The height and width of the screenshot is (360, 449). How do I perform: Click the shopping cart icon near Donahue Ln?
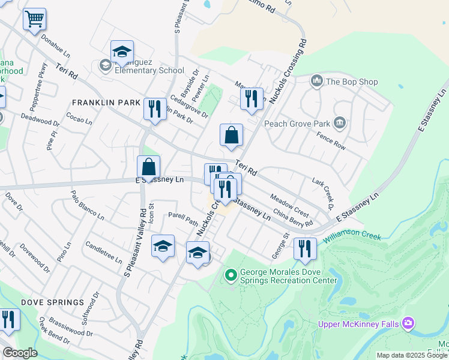tap(35, 19)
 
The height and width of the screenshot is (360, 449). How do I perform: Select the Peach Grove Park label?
tap(298, 124)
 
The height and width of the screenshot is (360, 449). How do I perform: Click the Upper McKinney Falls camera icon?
tap(408, 324)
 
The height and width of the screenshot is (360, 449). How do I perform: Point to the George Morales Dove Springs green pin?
tap(230, 276)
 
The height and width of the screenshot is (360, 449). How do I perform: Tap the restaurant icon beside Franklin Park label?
tap(155, 109)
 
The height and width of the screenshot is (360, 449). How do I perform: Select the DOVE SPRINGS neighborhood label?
tap(53, 302)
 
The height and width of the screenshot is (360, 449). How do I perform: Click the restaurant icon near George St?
tap(305, 248)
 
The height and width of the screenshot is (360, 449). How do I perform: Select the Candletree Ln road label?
tap(104, 253)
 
